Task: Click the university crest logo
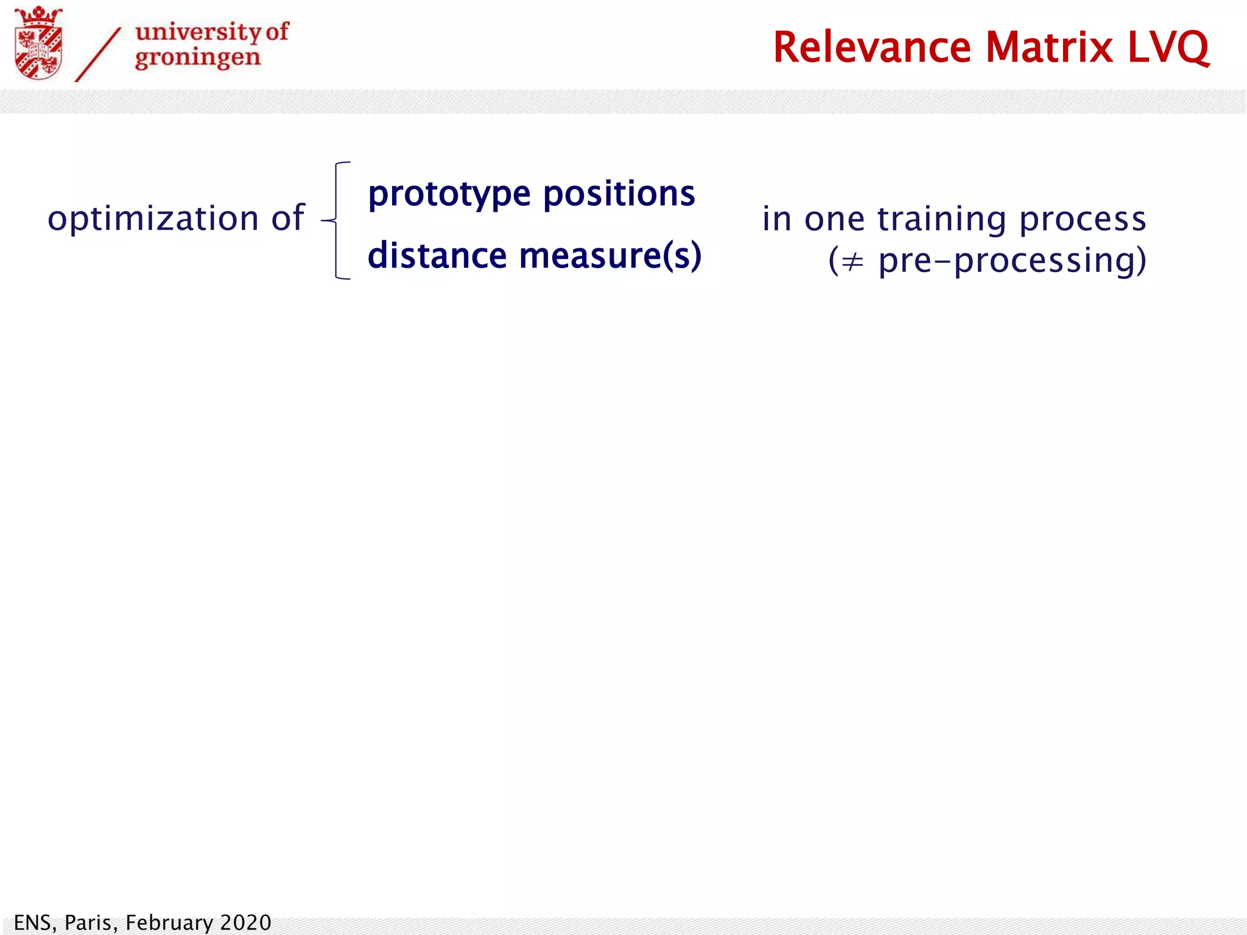[x=38, y=44]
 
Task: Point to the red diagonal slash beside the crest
[x=97, y=55]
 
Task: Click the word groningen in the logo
[x=197, y=58]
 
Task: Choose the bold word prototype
[x=449, y=195]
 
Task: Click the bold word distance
[x=437, y=256]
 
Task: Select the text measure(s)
[x=610, y=256]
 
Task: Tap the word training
[x=941, y=220]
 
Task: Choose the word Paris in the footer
[x=90, y=922]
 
